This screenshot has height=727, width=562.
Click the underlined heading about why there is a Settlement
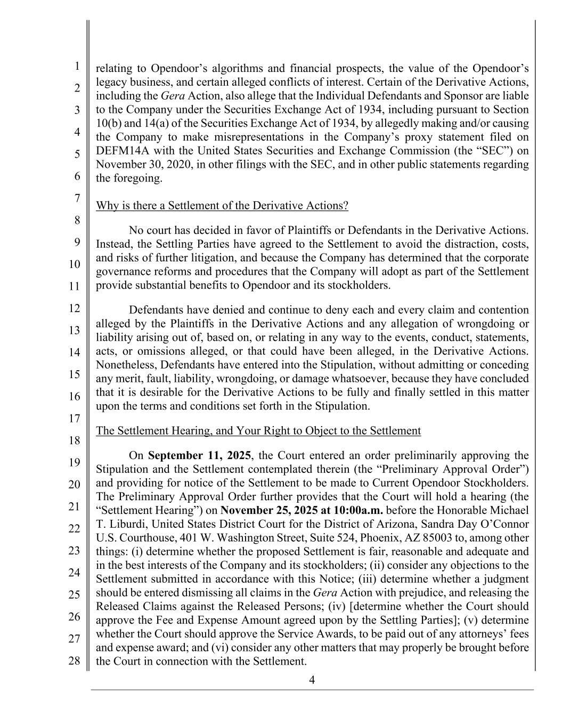[222, 206]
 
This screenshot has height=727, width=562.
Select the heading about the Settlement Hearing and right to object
[258, 430]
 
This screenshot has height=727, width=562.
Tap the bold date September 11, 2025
[199, 455]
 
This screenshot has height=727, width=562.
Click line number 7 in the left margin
[77, 198]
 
